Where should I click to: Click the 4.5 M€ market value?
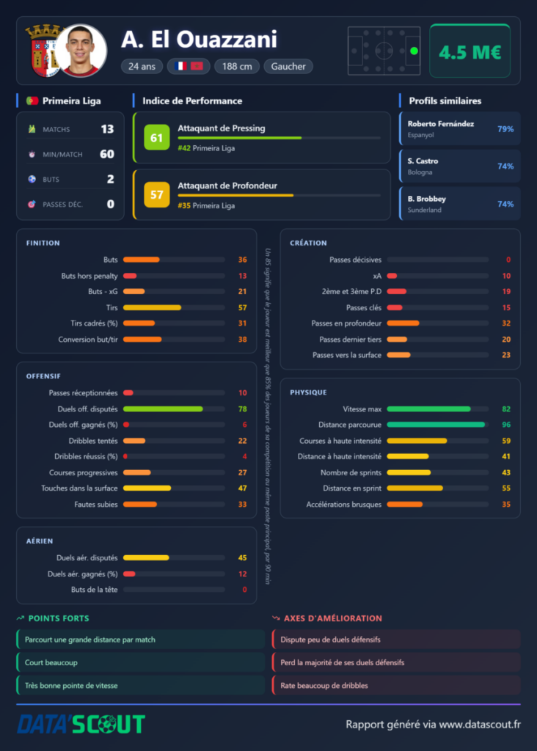pyautogui.click(x=470, y=52)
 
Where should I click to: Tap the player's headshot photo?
pyautogui.click(x=81, y=51)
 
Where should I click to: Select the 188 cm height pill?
pyautogui.click(x=237, y=66)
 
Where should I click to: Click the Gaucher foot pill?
pyautogui.click(x=288, y=66)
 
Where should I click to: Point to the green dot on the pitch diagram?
pyautogui.click(x=414, y=51)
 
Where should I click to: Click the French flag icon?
pyautogui.click(x=180, y=66)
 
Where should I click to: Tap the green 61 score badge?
pyautogui.click(x=157, y=137)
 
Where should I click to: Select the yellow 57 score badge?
pyautogui.click(x=157, y=194)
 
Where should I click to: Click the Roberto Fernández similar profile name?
pyautogui.click(x=441, y=123)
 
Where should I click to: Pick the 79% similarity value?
pyautogui.click(x=505, y=129)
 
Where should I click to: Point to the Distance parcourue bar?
pyautogui.click(x=436, y=425)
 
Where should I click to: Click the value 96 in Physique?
pyautogui.click(x=506, y=425)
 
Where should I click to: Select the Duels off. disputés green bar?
pyautogui.click(x=163, y=409)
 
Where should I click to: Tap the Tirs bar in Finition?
pyautogui.click(x=152, y=307)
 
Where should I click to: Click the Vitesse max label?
pyautogui.click(x=362, y=409)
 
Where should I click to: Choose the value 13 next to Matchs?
pyautogui.click(x=107, y=129)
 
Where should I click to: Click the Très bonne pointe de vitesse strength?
pyautogui.click(x=71, y=686)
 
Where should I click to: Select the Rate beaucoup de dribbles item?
pyautogui.click(x=324, y=686)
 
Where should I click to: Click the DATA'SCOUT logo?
pyautogui.click(x=81, y=724)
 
